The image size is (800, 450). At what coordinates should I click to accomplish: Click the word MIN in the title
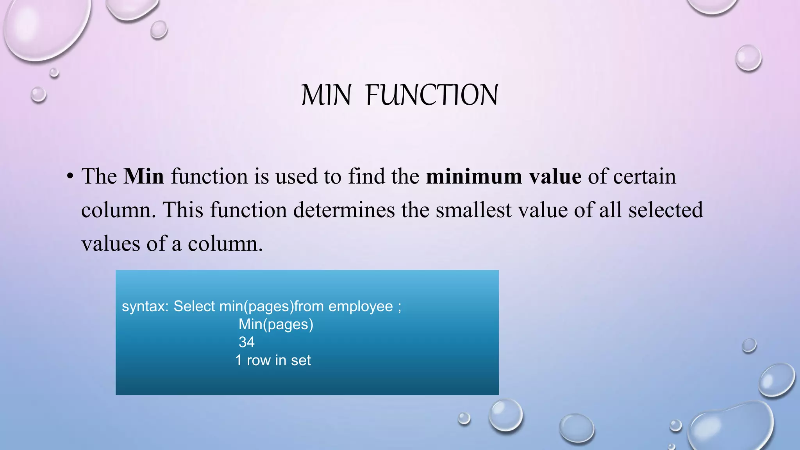[326, 95]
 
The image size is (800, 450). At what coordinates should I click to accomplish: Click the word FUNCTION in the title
[432, 95]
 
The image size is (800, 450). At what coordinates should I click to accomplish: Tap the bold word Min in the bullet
[144, 176]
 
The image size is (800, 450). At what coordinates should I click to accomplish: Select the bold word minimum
[474, 176]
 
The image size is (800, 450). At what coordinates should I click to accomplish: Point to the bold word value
[555, 176]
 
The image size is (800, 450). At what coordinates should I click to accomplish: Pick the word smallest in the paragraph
[473, 210]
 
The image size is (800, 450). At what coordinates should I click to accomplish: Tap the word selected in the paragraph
[666, 210]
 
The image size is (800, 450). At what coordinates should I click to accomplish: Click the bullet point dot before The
[70, 176]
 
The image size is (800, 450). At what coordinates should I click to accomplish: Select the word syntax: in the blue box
[145, 306]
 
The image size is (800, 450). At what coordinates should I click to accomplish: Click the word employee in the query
[361, 306]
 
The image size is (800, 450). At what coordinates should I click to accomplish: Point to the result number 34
[246, 342]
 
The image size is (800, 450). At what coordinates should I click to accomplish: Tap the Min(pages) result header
[276, 324]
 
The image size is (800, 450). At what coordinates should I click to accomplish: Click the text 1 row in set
[273, 360]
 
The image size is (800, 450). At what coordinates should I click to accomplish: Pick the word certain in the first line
[645, 176]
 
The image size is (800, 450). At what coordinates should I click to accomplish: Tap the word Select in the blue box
[194, 306]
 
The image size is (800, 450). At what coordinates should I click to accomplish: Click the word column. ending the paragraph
[225, 244]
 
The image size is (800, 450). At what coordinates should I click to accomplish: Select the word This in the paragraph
[183, 210]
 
